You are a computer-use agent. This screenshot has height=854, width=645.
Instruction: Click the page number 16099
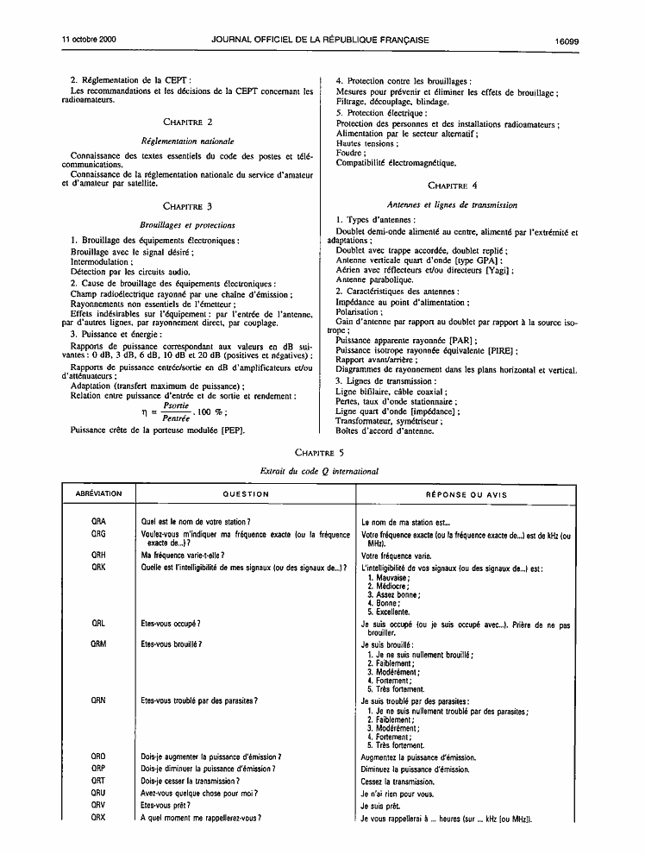567,40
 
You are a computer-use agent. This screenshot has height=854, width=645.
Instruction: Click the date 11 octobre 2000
90,40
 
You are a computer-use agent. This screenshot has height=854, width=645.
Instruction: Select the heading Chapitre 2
187,122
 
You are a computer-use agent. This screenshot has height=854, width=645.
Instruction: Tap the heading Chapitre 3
187,206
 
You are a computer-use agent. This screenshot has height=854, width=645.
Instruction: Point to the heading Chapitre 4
452,185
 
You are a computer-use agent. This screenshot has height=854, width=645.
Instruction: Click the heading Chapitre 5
319,452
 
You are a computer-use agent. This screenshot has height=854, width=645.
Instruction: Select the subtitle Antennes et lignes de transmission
452,205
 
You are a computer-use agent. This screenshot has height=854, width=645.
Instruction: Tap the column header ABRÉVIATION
99,494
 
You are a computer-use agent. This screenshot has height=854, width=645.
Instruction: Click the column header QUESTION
248,494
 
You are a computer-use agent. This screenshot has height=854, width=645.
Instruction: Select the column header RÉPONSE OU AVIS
467,495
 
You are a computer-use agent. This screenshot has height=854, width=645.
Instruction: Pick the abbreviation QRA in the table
98,522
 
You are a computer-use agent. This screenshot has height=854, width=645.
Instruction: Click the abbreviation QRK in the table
98,567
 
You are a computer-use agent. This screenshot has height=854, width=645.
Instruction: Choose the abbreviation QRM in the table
98,644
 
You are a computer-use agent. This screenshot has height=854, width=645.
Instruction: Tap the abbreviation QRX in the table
98,817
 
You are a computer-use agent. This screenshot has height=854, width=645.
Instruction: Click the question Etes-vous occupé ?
171,623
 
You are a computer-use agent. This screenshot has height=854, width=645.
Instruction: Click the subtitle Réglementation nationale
187,141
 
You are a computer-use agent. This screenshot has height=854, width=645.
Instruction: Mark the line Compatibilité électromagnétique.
396,163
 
